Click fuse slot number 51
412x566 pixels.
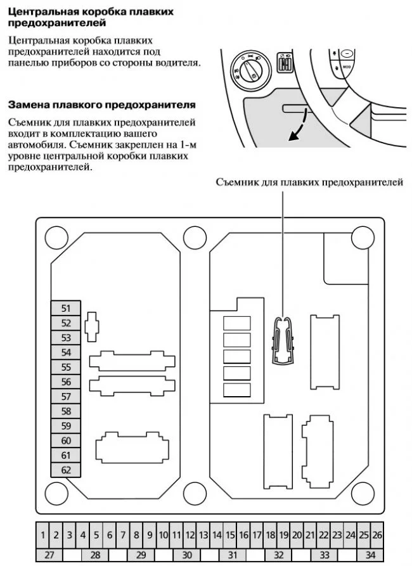(66, 309)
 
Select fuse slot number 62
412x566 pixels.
(66, 470)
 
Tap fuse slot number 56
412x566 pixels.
(66, 382)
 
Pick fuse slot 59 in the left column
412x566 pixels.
(66, 426)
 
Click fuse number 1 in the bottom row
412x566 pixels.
(42, 535)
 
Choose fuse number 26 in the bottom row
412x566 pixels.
(377, 535)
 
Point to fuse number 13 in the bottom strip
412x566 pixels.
(203, 535)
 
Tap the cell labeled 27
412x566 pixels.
(49, 555)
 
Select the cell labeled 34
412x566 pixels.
(370, 555)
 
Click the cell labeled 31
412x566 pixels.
(233, 555)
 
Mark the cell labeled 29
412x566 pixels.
(141, 555)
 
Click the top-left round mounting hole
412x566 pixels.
(57, 238)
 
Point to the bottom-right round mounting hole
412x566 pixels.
(363, 492)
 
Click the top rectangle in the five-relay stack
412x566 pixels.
(237, 323)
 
